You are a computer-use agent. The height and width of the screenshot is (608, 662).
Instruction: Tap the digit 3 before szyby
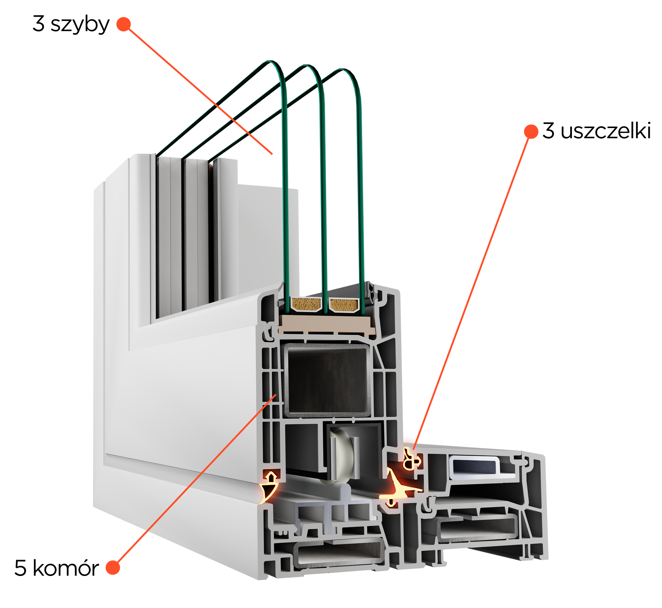pos(39,24)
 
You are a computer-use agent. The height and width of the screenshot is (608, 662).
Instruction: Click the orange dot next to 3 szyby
pos(124,24)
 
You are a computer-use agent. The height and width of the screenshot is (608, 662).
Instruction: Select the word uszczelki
pos(606,131)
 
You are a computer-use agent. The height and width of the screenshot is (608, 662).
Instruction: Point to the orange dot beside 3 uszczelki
pos(531,132)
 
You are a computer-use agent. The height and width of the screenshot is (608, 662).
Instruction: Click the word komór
pos(66,568)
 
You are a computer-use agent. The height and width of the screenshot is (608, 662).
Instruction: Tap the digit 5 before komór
pos(20,568)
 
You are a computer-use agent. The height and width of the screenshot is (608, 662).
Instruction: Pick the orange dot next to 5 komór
pos(113,568)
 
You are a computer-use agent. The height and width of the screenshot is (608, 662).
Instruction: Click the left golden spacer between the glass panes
pos(306,304)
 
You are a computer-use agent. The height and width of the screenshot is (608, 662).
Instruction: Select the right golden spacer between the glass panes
pos(344,305)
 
